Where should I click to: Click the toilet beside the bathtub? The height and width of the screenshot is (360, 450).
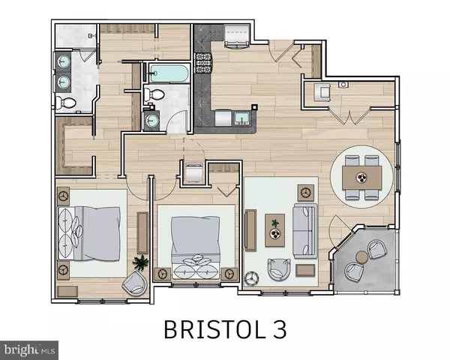[154, 95]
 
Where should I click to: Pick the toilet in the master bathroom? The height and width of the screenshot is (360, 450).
[65, 103]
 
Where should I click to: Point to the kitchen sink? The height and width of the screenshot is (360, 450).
[242, 117]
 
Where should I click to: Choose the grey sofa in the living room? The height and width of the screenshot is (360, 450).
[304, 229]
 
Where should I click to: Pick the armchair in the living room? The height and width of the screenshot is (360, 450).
[279, 267]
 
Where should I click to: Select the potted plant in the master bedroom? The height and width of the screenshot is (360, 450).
[140, 262]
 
